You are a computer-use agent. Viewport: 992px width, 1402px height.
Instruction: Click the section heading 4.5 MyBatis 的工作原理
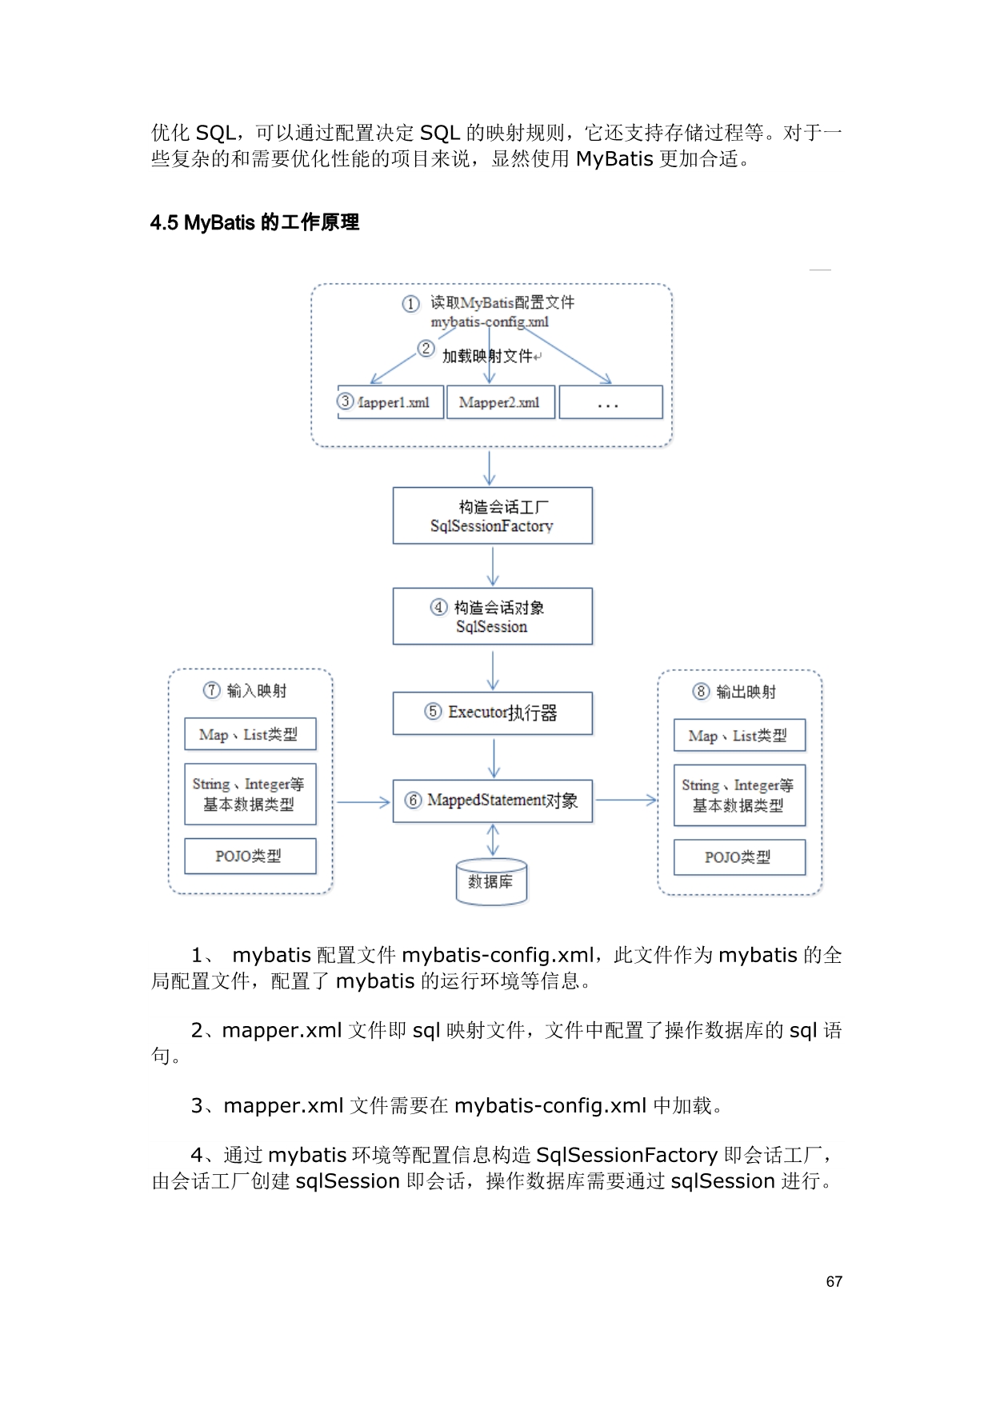254,222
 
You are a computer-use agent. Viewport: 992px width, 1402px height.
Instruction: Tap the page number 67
834,1281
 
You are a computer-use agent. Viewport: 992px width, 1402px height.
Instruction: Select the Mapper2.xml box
499,402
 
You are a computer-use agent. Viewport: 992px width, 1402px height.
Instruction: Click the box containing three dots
610,402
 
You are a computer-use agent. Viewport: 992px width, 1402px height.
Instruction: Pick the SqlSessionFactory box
492,516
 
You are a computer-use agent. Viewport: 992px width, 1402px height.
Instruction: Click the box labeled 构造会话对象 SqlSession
492,617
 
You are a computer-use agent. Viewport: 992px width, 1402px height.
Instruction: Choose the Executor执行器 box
492,713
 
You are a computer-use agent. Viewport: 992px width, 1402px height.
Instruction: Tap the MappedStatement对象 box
492,801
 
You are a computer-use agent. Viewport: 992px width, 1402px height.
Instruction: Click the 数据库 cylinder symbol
490,882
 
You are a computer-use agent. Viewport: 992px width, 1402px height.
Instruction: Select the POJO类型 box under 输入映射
250,856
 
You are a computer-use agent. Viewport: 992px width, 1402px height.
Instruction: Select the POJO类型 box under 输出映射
738,857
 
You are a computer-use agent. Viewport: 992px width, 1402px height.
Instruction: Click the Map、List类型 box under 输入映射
250,734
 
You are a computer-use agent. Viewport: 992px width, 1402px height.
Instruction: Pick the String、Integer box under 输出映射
738,795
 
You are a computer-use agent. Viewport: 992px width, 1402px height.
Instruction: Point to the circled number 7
211,690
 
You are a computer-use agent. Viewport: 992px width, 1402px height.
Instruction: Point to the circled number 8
701,692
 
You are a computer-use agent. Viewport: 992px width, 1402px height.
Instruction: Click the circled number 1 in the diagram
410,304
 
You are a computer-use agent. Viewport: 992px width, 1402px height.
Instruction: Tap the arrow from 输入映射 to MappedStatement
362,801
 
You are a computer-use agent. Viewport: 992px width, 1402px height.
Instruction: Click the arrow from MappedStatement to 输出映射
626,799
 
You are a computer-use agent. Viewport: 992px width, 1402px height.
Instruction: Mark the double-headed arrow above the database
493,841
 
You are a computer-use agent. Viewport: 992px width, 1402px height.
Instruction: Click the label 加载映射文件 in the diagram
487,356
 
